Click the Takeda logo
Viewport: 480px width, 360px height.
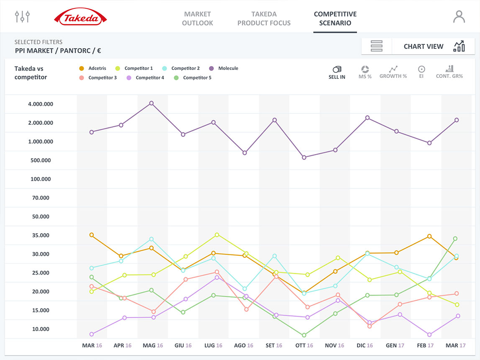tap(80, 17)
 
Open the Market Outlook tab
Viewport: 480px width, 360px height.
tap(198, 18)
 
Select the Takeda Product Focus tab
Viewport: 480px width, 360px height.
tap(264, 18)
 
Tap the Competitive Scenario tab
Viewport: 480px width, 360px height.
tap(335, 18)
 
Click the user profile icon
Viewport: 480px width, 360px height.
tap(459, 17)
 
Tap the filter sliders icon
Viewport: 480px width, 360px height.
tap(22, 16)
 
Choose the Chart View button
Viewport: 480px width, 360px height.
tap(434, 46)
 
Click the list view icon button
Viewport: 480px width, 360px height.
tap(377, 46)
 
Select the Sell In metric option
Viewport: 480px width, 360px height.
tap(337, 72)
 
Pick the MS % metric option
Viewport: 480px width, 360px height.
tap(365, 72)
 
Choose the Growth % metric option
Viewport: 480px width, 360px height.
tap(393, 72)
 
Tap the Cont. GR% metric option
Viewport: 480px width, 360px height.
tap(449, 72)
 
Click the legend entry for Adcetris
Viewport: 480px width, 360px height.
tap(92, 68)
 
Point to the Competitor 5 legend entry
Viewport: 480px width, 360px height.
tap(193, 78)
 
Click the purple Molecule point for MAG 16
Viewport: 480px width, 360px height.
tap(151, 103)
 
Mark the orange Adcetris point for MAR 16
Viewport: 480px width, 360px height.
tap(92, 235)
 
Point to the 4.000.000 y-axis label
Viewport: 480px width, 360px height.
tap(41, 104)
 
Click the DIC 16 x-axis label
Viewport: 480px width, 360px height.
tap(364, 346)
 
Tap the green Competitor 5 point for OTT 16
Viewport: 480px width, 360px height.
tap(304, 335)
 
